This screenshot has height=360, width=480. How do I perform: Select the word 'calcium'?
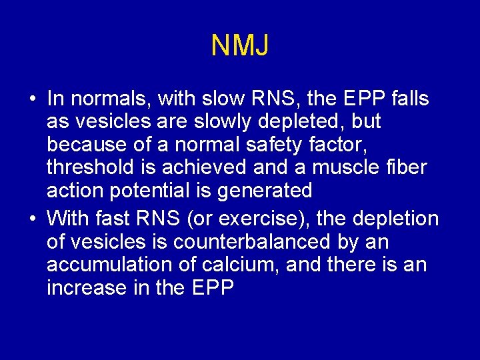click(239, 265)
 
